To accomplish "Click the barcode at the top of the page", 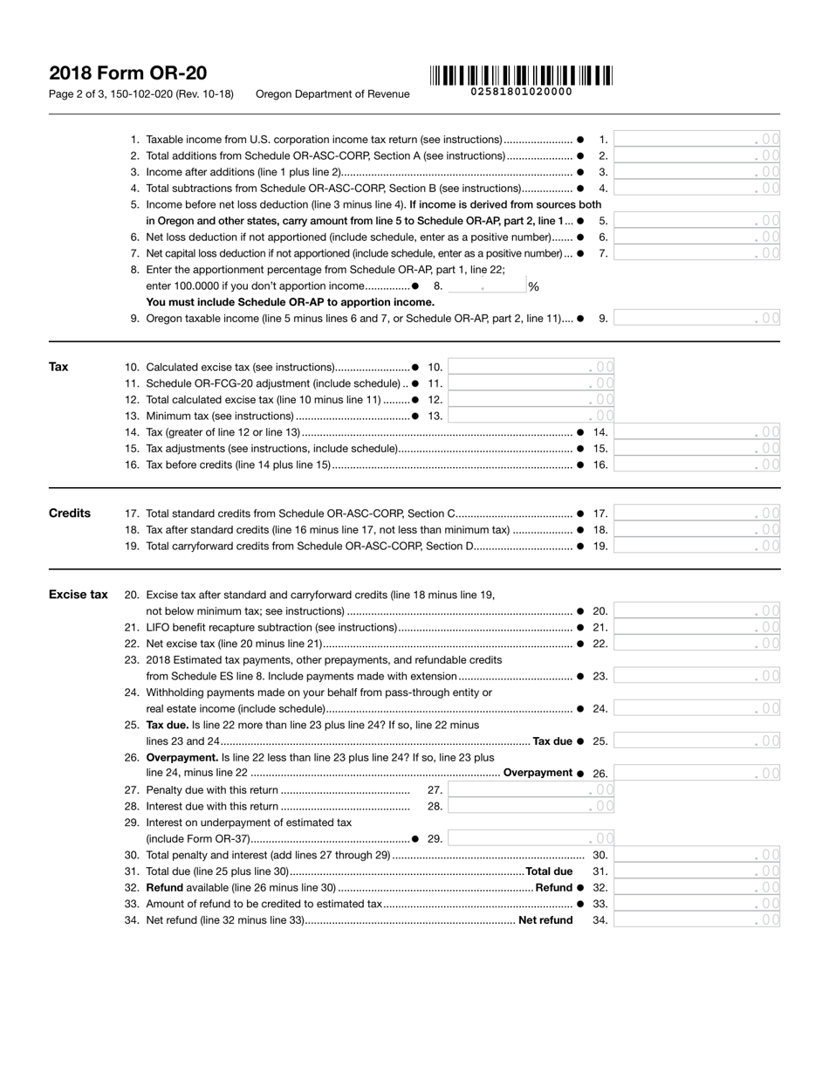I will click(x=521, y=75).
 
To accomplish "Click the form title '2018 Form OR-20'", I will click(x=128, y=73).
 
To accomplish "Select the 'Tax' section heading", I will click(x=58, y=367).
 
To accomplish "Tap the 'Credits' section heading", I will click(x=70, y=513).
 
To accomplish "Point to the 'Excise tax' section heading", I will click(x=79, y=595).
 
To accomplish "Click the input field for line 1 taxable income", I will click(x=698, y=140).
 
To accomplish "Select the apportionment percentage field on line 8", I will click(x=485, y=286).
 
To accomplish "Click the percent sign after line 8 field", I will click(x=533, y=286).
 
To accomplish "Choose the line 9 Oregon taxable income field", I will click(x=698, y=319).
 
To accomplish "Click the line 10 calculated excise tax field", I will click(x=531, y=368).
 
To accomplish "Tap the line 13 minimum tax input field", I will click(x=531, y=417).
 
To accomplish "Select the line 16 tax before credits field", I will click(x=698, y=465).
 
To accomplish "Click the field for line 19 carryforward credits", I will click(x=698, y=547).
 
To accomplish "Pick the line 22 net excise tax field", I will click(x=698, y=644).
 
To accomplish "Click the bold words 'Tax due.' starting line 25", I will click(x=167, y=725).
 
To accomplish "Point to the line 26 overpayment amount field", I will click(x=698, y=774).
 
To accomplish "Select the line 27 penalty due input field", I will click(x=531, y=790).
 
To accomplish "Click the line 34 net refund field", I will click(x=698, y=920).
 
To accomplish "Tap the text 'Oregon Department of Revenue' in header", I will click(x=332, y=94).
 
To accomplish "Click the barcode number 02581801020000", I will click(x=521, y=92).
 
